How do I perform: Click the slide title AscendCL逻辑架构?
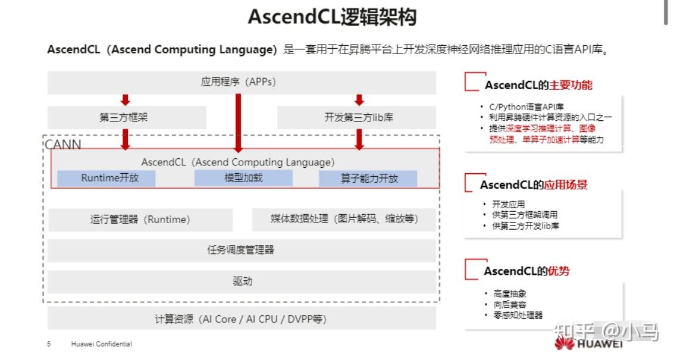(x=332, y=17)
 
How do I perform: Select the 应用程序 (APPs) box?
(x=242, y=82)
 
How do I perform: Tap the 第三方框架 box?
(x=127, y=117)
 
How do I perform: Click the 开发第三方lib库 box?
(x=356, y=117)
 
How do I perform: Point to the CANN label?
(x=63, y=145)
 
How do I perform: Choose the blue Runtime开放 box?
(x=106, y=178)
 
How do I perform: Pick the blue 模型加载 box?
(x=243, y=178)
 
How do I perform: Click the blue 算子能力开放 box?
(x=368, y=178)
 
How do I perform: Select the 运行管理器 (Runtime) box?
(x=140, y=220)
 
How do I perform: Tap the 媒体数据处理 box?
(x=344, y=220)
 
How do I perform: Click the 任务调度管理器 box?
(x=242, y=251)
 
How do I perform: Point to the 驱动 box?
(x=242, y=281)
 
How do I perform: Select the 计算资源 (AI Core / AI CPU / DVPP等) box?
(x=242, y=319)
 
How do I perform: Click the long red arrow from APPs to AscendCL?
(x=238, y=123)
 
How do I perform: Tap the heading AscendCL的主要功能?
(x=538, y=85)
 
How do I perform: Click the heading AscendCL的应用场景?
(x=534, y=184)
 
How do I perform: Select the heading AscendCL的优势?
(x=526, y=271)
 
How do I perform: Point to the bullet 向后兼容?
(x=510, y=305)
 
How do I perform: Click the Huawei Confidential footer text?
(x=102, y=344)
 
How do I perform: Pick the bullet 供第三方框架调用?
(x=525, y=215)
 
